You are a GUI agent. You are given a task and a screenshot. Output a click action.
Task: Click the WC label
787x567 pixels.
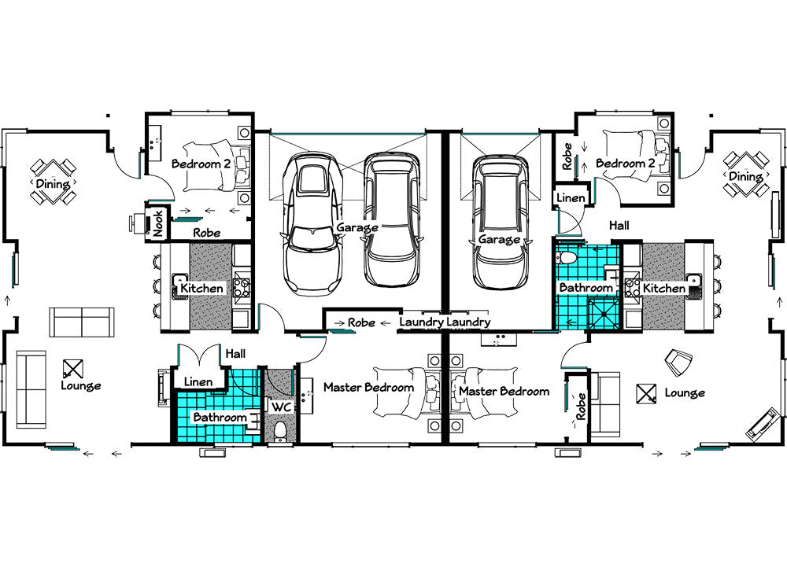(x=281, y=407)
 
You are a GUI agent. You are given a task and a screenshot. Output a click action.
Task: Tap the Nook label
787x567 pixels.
(x=157, y=223)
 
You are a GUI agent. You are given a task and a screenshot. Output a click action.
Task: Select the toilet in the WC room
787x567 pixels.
(x=280, y=433)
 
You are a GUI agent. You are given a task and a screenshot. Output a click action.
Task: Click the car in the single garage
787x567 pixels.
(x=500, y=222)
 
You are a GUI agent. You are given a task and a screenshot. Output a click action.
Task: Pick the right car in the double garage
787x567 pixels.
(x=392, y=219)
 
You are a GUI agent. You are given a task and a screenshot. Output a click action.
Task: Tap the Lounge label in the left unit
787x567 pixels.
(x=81, y=386)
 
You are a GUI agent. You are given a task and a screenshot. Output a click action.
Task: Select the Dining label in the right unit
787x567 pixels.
(x=745, y=176)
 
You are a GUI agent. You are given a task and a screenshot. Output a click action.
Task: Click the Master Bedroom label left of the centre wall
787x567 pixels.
(x=369, y=387)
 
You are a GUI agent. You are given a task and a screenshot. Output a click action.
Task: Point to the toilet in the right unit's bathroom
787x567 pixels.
(x=566, y=258)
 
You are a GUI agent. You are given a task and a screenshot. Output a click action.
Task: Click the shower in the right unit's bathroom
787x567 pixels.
(x=604, y=313)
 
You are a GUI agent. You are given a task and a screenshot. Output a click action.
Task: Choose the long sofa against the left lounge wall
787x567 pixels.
(x=31, y=389)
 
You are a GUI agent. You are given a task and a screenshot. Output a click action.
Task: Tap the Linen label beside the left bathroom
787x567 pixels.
(x=198, y=382)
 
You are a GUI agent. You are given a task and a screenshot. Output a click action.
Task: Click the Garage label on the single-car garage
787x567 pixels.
(x=498, y=239)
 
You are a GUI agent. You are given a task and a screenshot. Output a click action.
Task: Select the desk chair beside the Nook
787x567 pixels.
(x=137, y=223)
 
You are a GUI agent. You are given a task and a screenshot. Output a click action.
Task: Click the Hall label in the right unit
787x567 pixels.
(x=619, y=226)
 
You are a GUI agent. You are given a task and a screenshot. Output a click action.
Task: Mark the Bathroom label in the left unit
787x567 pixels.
(x=220, y=417)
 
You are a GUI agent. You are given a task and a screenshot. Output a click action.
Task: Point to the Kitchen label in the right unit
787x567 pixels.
(x=664, y=289)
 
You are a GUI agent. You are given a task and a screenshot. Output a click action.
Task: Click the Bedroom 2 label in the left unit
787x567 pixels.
(x=201, y=164)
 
